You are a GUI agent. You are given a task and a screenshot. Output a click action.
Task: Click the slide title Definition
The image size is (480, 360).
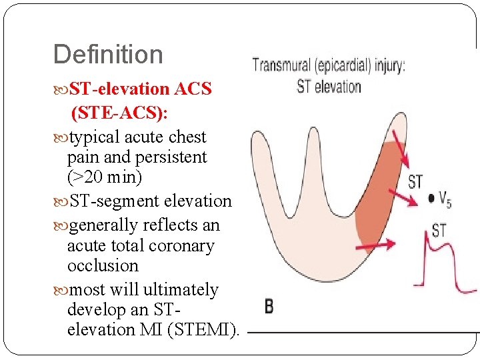[108, 55]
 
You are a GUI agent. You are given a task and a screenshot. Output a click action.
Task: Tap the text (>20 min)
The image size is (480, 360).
[105, 178]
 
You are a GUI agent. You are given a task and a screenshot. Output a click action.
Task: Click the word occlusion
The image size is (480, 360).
[103, 265]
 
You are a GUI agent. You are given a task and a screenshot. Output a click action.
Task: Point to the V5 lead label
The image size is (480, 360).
[444, 199]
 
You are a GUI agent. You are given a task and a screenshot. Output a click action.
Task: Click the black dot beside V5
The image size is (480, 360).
[431, 198]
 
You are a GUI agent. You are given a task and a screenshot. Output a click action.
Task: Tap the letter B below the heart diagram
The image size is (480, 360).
[269, 307]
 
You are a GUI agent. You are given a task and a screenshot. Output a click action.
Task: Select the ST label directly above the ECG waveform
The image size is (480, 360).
[439, 231]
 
